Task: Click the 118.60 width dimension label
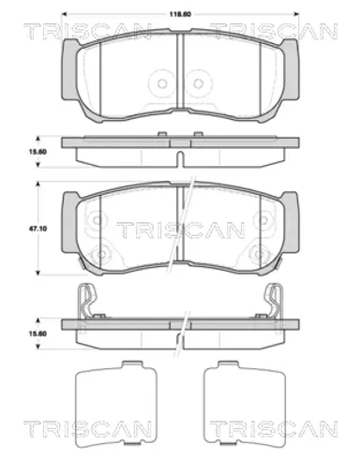point(180,14)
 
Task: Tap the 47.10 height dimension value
point(39,229)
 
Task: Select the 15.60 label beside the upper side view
point(37,152)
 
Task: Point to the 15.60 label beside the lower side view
point(37,334)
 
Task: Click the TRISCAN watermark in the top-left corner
point(87,31)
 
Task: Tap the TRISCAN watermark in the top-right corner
point(274,31)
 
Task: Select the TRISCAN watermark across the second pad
point(180,230)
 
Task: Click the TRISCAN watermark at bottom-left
point(87,429)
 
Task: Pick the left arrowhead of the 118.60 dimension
point(65,14)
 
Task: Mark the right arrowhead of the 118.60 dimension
point(296,14)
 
